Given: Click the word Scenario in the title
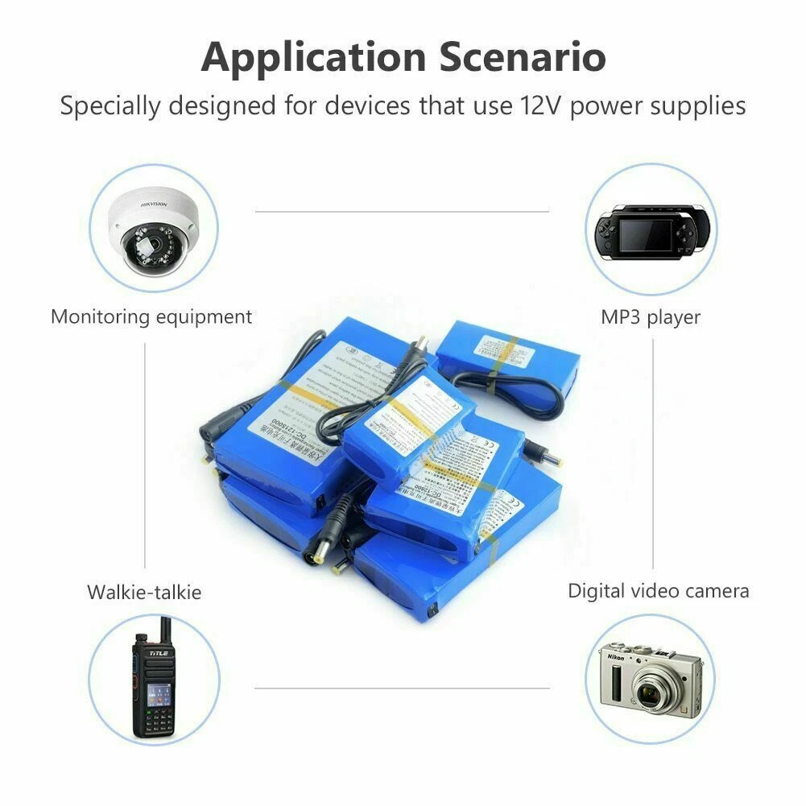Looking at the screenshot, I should (523, 58).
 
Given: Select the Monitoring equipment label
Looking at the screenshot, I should (151, 316).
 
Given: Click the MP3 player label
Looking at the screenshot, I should (651, 316).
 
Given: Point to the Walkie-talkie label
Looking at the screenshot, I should (144, 593).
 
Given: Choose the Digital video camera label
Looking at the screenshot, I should (659, 590).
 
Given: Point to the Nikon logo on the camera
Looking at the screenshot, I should (618, 656).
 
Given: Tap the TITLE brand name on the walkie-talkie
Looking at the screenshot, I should (156, 653).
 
